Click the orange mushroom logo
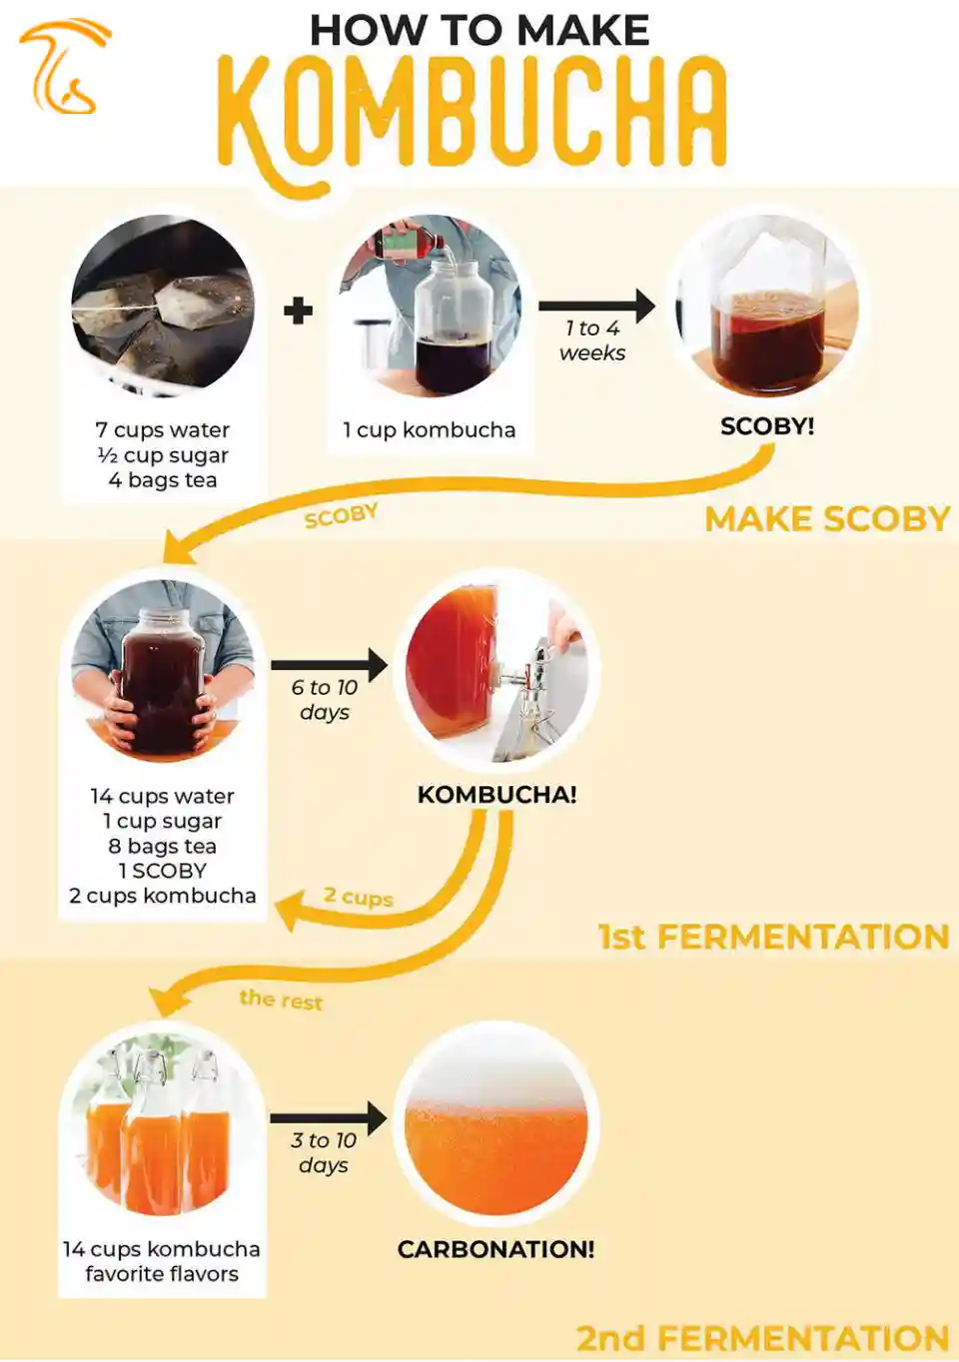point(64,66)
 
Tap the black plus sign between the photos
point(298,312)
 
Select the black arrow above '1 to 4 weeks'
point(596,306)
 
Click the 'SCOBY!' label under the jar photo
point(767,426)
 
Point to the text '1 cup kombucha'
point(429,430)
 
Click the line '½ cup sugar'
point(163,456)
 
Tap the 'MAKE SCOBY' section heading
point(827,519)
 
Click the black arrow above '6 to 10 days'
point(329,665)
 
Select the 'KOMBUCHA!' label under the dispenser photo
point(496,794)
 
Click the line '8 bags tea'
point(163,846)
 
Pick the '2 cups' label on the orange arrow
point(359,897)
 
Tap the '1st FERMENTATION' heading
point(773,937)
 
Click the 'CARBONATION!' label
point(495,1249)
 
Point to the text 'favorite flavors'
point(162,1274)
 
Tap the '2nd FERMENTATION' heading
point(762,1338)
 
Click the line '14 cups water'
point(163,796)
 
